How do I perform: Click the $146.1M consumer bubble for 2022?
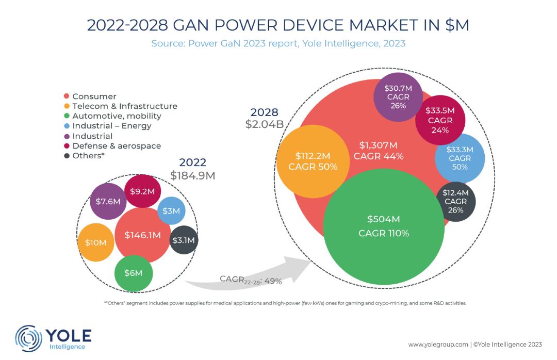(142, 235)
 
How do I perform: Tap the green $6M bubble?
(133, 273)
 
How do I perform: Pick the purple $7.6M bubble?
(108, 201)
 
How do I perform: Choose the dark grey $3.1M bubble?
(183, 240)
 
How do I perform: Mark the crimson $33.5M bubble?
(440, 120)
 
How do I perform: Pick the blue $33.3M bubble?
(460, 158)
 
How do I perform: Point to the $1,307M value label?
(379, 145)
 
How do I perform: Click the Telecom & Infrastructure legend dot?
(67, 106)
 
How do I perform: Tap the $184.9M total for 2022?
(192, 176)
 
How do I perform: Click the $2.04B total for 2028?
(264, 124)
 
